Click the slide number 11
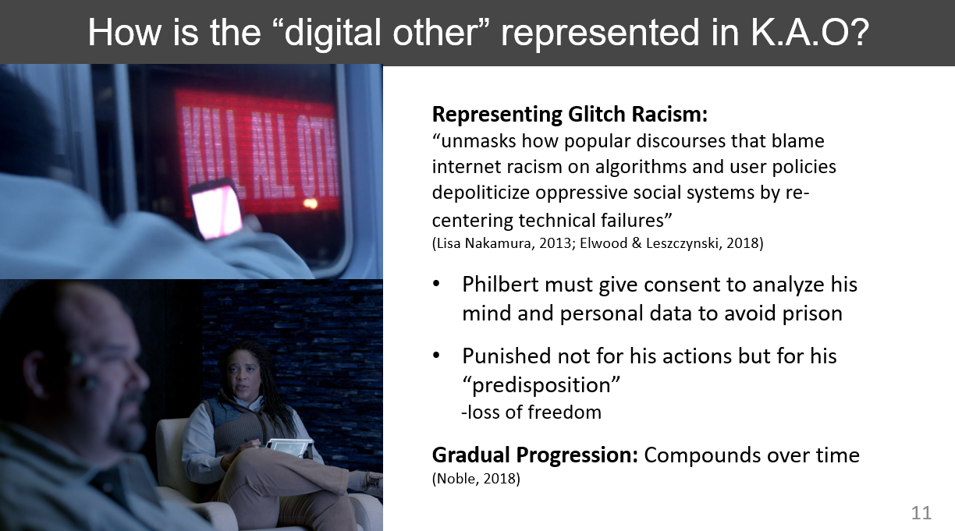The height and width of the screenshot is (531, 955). click(x=921, y=512)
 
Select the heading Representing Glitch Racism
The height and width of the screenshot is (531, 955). click(x=570, y=114)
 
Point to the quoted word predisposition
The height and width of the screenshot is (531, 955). click(x=541, y=385)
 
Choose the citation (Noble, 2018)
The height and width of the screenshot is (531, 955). click(x=476, y=479)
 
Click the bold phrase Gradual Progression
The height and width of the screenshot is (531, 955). click(x=535, y=455)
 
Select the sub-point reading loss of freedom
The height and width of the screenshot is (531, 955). click(x=531, y=412)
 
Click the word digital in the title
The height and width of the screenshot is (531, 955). click(x=332, y=34)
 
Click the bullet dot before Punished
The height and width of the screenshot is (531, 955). click(x=435, y=356)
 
